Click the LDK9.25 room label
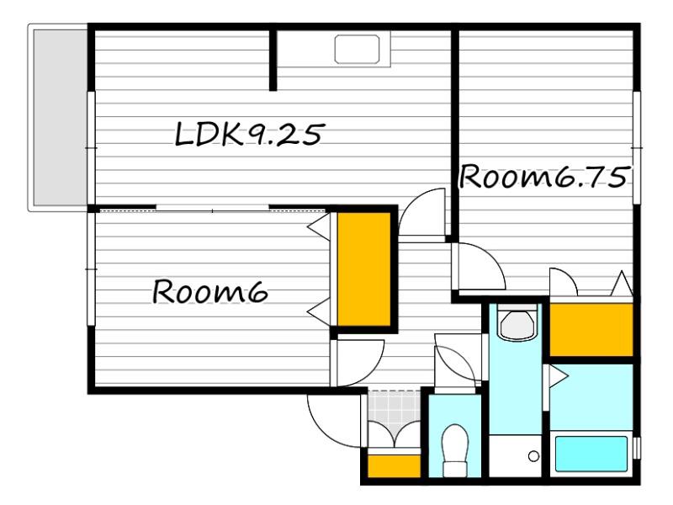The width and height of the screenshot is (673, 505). pos(248,134)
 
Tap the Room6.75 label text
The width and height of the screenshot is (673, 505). pos(544,177)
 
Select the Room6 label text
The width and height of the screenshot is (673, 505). pos(209,291)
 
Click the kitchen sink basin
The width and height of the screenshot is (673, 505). pos(357,50)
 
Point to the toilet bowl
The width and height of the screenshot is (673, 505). pos(455,450)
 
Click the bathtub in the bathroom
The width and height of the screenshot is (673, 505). pos(591,454)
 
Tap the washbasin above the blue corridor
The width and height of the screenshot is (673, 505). pos(517,324)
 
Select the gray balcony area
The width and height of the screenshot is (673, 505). pos(60,117)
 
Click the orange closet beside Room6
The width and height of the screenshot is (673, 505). pos(363,269)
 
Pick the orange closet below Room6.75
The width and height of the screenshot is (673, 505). pos(591,329)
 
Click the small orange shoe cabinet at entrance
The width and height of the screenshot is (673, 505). pos(394,466)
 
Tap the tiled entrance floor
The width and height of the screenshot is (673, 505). pos(394,412)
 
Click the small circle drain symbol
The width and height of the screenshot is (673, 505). pos(533,456)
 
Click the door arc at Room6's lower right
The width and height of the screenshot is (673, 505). pos(372,372)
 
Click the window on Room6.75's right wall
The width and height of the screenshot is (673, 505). pos(637,148)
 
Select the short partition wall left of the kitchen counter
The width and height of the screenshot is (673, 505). pos(273,60)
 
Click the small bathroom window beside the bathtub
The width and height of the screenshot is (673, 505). pos(638,449)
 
